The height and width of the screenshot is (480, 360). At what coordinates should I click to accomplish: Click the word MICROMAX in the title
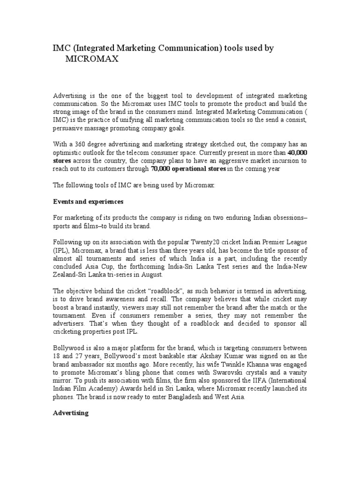point(92,60)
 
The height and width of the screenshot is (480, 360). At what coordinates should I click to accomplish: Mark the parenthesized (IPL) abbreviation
point(61,250)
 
